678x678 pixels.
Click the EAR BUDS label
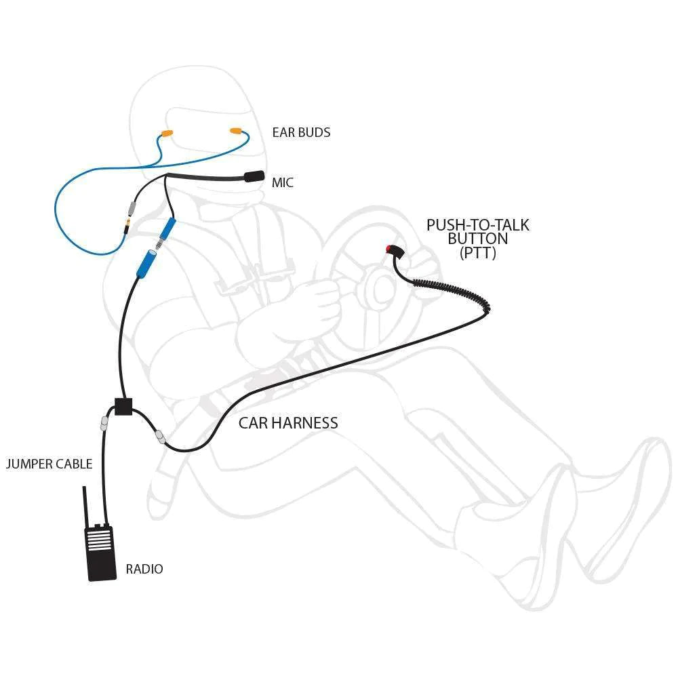coord(301,133)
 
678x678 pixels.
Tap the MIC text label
coord(283,183)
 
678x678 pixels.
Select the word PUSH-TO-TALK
coord(477,225)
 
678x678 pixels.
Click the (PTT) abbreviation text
coord(477,254)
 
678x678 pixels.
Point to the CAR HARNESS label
coord(288,423)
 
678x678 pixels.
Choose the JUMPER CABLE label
coord(49,464)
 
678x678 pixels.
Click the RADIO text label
coord(144,569)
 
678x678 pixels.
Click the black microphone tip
coord(254,177)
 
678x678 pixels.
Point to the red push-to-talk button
coord(390,249)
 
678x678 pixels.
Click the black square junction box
coord(123,407)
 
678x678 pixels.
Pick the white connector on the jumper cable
coord(104,424)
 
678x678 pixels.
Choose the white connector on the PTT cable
coord(160,437)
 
